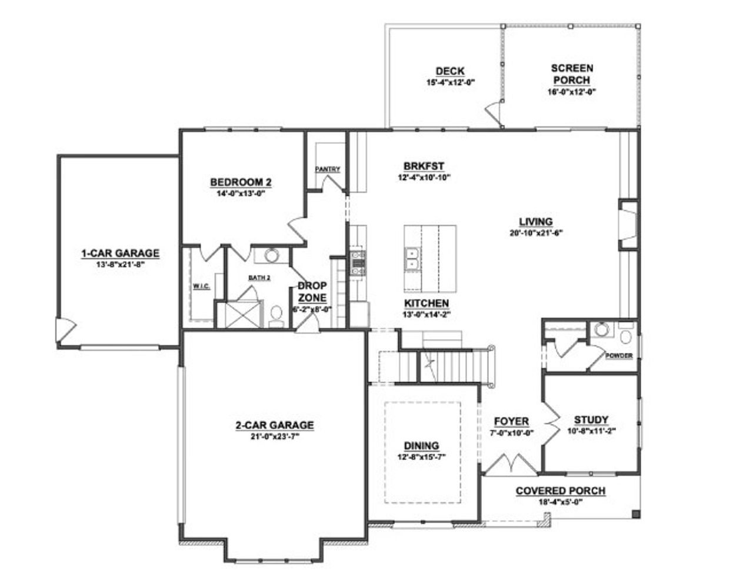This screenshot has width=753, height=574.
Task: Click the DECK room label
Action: (x=449, y=72)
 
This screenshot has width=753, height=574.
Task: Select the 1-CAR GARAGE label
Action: (x=120, y=253)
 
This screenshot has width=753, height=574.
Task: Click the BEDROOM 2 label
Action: (x=241, y=182)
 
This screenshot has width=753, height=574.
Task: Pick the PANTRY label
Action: (x=328, y=169)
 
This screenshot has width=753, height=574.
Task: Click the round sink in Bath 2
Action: (x=271, y=255)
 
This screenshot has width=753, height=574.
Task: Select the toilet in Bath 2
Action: (x=275, y=316)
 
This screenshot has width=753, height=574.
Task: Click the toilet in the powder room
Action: (x=625, y=337)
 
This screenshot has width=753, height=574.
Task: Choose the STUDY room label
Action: (x=591, y=420)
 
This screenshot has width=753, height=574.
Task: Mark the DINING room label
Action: (x=421, y=446)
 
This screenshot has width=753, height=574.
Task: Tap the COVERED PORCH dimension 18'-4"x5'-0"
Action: (x=560, y=502)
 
